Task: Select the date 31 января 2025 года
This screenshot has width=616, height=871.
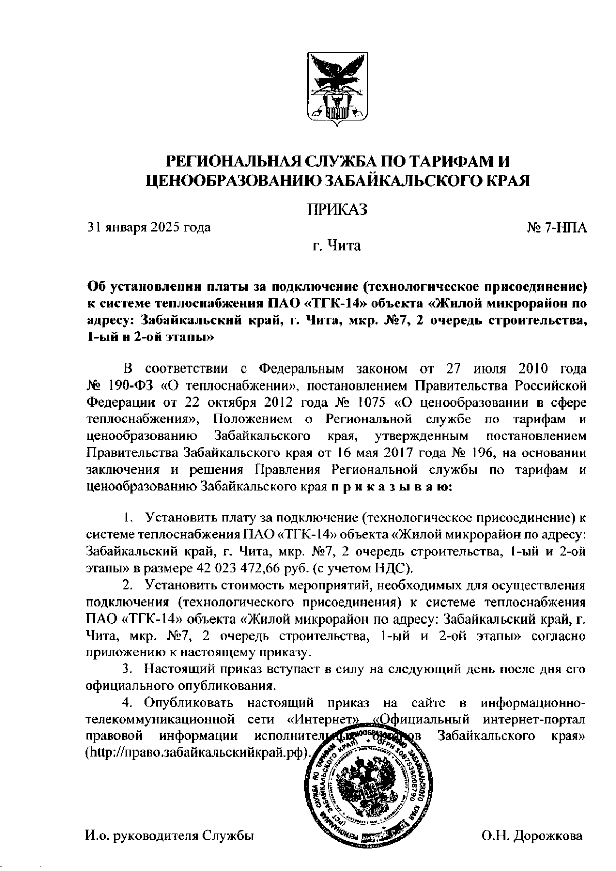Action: pyautogui.click(x=149, y=227)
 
